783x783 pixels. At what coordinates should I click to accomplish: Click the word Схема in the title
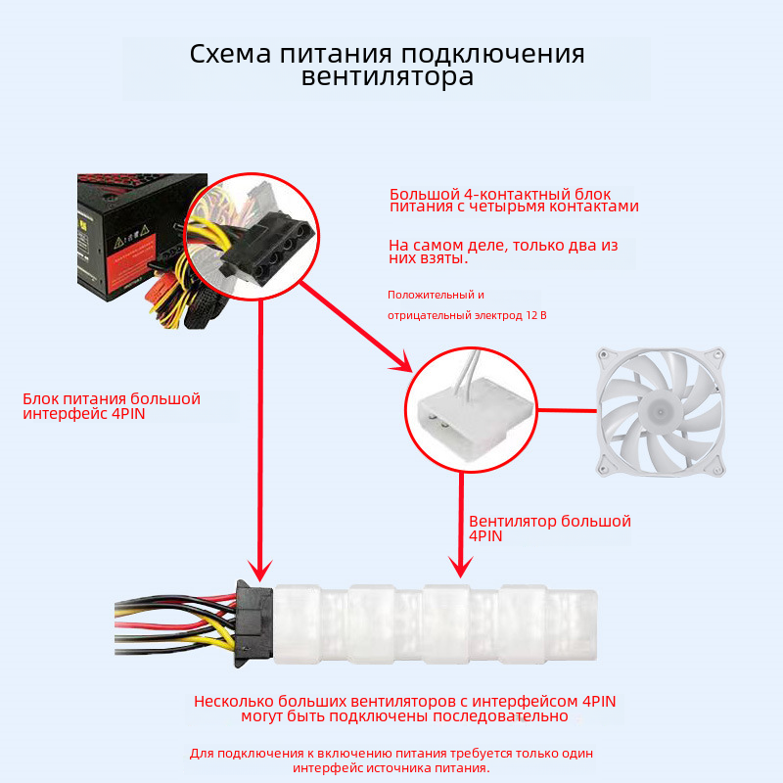(x=230, y=54)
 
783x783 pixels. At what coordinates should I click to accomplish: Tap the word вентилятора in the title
(x=387, y=77)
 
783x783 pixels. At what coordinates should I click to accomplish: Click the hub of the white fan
(x=660, y=411)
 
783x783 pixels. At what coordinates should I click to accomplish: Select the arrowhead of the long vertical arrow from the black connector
(x=260, y=571)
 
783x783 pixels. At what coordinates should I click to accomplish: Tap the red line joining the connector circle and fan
(x=568, y=411)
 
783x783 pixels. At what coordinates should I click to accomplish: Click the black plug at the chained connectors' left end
(x=254, y=623)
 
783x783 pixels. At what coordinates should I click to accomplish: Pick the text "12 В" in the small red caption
(x=535, y=315)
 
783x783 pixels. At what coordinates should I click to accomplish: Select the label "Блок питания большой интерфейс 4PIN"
(x=112, y=406)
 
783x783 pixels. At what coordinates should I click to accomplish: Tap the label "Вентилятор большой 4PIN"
(x=550, y=529)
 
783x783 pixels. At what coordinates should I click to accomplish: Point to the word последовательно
(x=500, y=716)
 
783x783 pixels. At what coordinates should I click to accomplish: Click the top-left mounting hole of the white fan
(x=604, y=355)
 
